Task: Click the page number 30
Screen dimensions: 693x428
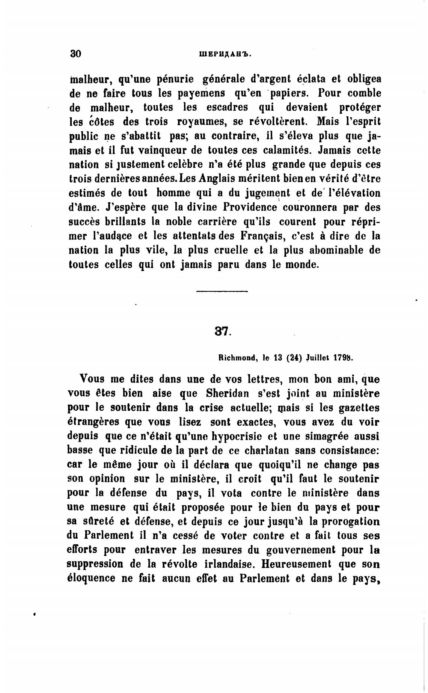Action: coord(75,54)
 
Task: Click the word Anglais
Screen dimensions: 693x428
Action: coord(217,179)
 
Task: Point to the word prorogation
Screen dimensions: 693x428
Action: coord(350,522)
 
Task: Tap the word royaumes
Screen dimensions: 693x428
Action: coord(202,122)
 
